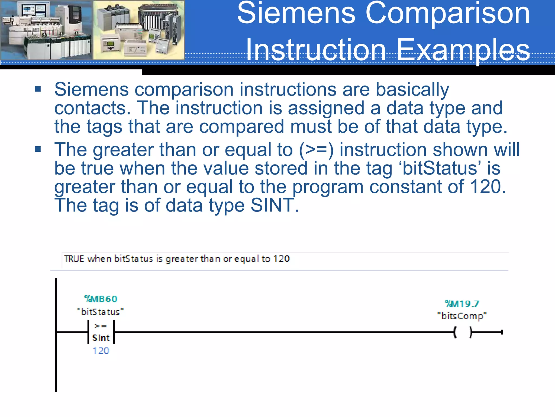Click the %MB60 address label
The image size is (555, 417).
point(101,299)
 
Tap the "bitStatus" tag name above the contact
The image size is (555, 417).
point(100,312)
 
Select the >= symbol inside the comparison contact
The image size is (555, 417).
point(101,326)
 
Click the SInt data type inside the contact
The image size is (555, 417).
point(101,338)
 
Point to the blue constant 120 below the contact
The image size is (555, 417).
point(101,351)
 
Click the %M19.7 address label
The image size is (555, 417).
point(462,304)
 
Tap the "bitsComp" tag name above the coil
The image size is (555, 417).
point(462,316)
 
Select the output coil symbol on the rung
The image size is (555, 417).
point(463,332)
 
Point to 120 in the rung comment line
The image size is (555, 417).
point(281,258)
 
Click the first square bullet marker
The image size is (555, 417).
point(38,89)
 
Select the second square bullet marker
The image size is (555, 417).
point(38,149)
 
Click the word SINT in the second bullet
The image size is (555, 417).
point(272,205)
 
